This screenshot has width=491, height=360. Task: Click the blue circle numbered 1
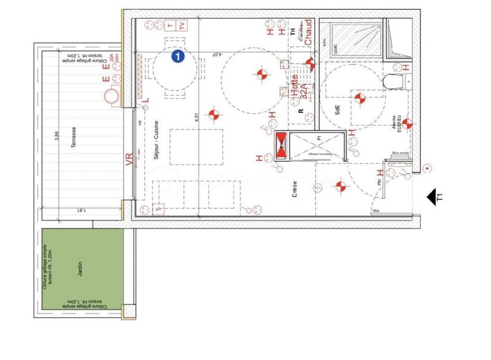(x=177, y=56)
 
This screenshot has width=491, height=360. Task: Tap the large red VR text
(x=129, y=160)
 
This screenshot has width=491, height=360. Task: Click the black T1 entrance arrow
(x=436, y=197)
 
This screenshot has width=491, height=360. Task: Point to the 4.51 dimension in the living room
(x=196, y=118)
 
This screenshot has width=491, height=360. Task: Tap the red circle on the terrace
(x=110, y=97)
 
